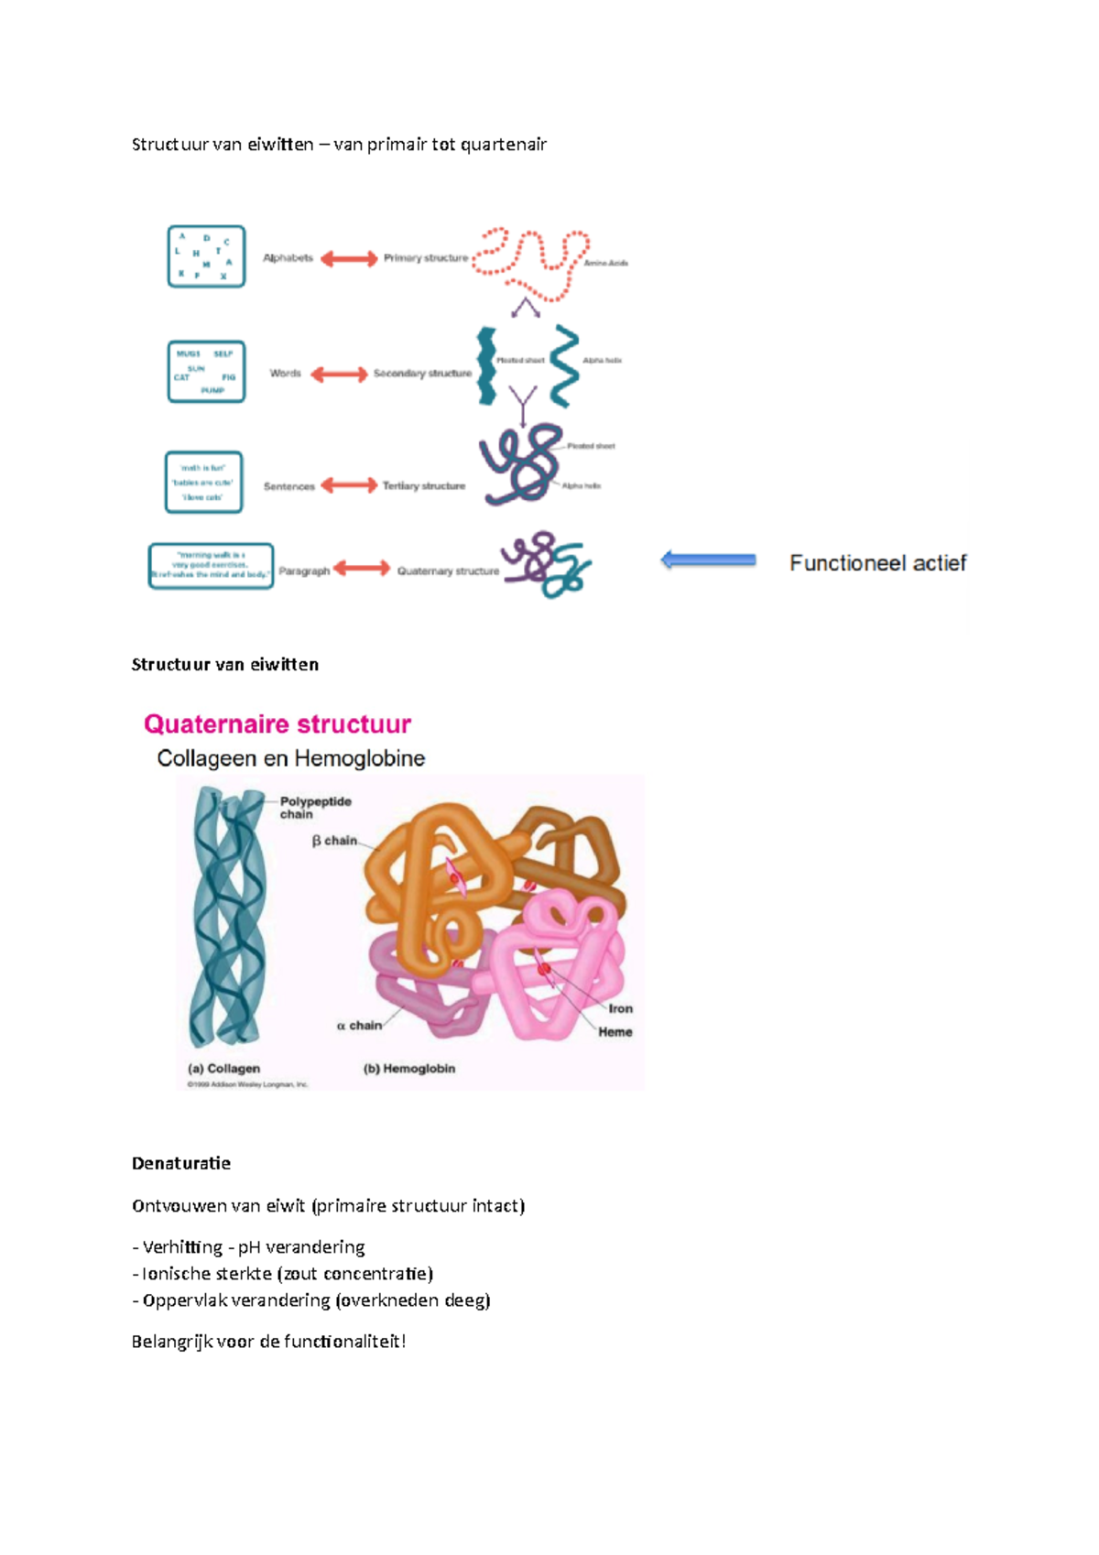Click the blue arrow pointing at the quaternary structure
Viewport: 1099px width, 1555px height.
tap(708, 560)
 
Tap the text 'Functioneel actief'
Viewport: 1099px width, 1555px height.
tap(877, 563)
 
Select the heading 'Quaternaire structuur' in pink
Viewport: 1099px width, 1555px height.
tap(277, 724)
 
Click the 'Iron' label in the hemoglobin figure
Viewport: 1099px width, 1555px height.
tap(621, 1008)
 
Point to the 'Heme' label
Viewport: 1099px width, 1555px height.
tap(615, 1032)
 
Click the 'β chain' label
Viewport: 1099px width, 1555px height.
tap(334, 841)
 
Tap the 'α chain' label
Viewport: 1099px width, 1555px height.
tap(359, 1026)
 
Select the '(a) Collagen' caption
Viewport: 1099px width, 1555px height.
tap(224, 1069)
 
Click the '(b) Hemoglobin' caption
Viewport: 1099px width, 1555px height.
tap(409, 1069)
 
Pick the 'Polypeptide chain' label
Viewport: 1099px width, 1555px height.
tap(315, 808)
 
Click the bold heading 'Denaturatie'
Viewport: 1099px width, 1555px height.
tap(181, 1163)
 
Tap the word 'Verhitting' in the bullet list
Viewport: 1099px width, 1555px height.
tap(182, 1247)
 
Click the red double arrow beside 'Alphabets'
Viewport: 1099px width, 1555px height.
tap(348, 259)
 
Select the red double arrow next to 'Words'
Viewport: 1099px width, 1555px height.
tap(339, 374)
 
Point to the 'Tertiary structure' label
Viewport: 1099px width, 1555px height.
tap(424, 486)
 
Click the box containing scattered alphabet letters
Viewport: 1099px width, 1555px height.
tap(206, 256)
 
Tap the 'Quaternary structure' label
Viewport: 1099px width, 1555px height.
tap(448, 571)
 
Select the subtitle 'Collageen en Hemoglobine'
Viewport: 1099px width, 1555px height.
tap(291, 758)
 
